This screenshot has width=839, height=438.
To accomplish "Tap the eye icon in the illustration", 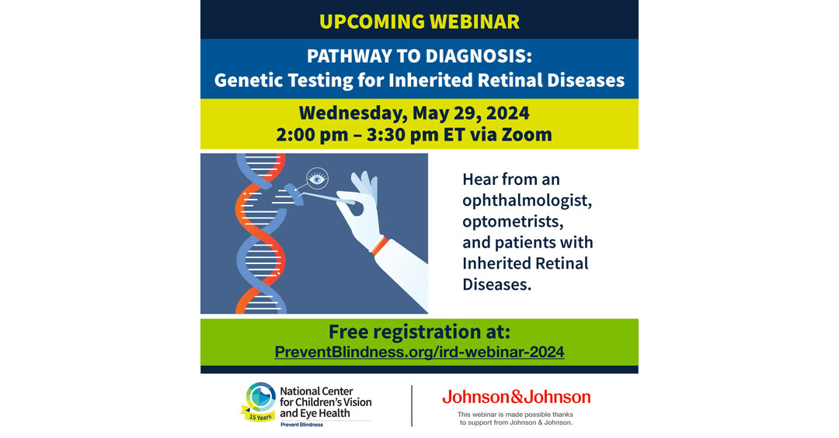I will pyautogui.click(x=317, y=179).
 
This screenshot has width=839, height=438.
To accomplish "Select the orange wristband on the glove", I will pyautogui.click(x=378, y=246).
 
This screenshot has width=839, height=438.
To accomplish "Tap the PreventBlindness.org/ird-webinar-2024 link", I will pyautogui.click(x=419, y=352).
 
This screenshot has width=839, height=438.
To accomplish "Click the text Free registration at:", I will pyautogui.click(x=419, y=332).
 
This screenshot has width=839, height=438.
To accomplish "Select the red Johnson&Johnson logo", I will pyautogui.click(x=516, y=397).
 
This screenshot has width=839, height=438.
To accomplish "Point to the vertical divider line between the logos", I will pyautogui.click(x=412, y=405).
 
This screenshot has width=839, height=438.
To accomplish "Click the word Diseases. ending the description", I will pyautogui.click(x=497, y=284).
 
